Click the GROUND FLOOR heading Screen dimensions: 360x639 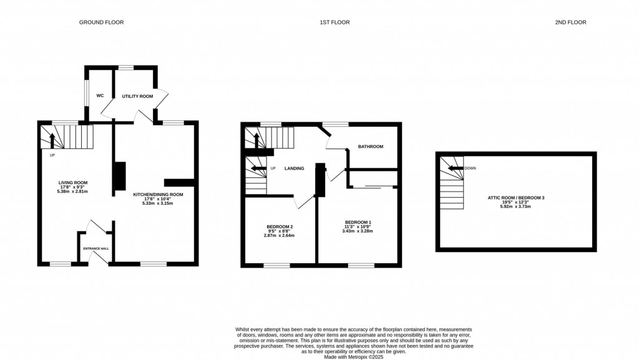(x=101, y=22)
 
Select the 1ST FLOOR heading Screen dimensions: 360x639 (x=334, y=22)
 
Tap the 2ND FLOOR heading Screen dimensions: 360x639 (x=570, y=22)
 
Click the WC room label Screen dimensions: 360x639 (x=100, y=96)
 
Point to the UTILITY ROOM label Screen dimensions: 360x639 (x=137, y=96)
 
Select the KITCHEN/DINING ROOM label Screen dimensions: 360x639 (x=158, y=194)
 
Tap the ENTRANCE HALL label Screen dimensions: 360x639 (x=96, y=248)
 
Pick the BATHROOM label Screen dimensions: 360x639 (x=370, y=147)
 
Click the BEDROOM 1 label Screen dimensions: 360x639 (x=358, y=222)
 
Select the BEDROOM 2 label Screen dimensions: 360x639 (x=279, y=226)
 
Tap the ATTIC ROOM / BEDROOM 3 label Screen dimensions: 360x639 (x=516, y=198)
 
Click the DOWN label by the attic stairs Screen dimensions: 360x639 (x=470, y=168)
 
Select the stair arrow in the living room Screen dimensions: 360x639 (x=52, y=139)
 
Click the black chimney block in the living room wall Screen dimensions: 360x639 (x=119, y=177)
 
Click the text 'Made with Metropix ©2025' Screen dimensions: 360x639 (x=353, y=356)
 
